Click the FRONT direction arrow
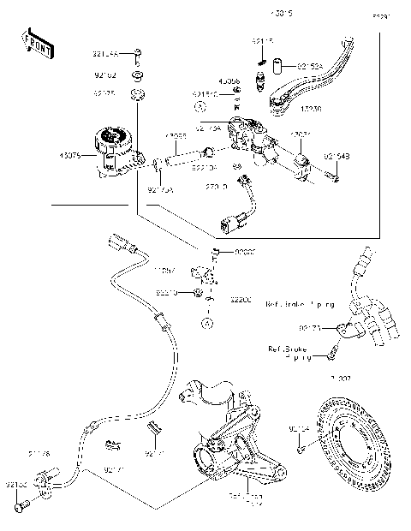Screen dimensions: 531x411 tap(36, 44)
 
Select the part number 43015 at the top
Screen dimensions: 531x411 tap(258, 15)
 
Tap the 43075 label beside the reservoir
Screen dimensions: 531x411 tap(70, 155)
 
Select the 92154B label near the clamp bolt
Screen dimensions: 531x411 tap(337, 155)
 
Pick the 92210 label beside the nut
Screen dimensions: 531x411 tap(166, 293)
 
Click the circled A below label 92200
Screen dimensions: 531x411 tap(206, 322)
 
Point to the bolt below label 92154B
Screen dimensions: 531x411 tap(335, 177)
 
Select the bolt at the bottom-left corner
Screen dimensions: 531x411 tap(23, 506)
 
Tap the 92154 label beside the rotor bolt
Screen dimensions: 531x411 tap(299, 427)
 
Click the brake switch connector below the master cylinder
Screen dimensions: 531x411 tap(232, 224)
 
